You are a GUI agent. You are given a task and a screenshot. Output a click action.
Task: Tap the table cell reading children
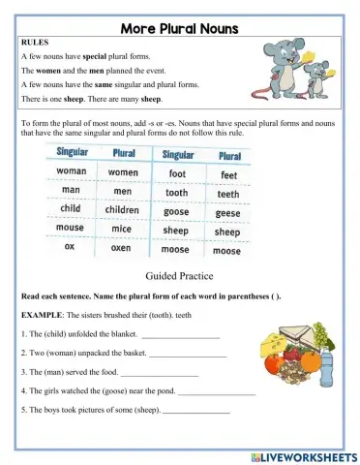(123, 208)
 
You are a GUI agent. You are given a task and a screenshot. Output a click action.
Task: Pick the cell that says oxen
(123, 247)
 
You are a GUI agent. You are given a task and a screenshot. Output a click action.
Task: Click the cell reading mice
(122, 229)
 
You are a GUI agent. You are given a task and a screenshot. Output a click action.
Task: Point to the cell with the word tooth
(177, 192)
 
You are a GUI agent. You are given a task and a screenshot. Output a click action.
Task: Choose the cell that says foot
(177, 173)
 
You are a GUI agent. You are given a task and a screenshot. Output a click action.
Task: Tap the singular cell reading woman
(72, 171)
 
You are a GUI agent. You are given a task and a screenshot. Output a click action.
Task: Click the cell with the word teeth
(228, 193)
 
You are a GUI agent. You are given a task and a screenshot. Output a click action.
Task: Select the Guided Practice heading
(179, 276)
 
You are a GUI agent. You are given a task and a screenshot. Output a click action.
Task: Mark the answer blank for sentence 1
(181, 335)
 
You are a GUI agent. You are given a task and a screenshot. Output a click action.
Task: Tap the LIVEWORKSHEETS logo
(302, 455)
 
